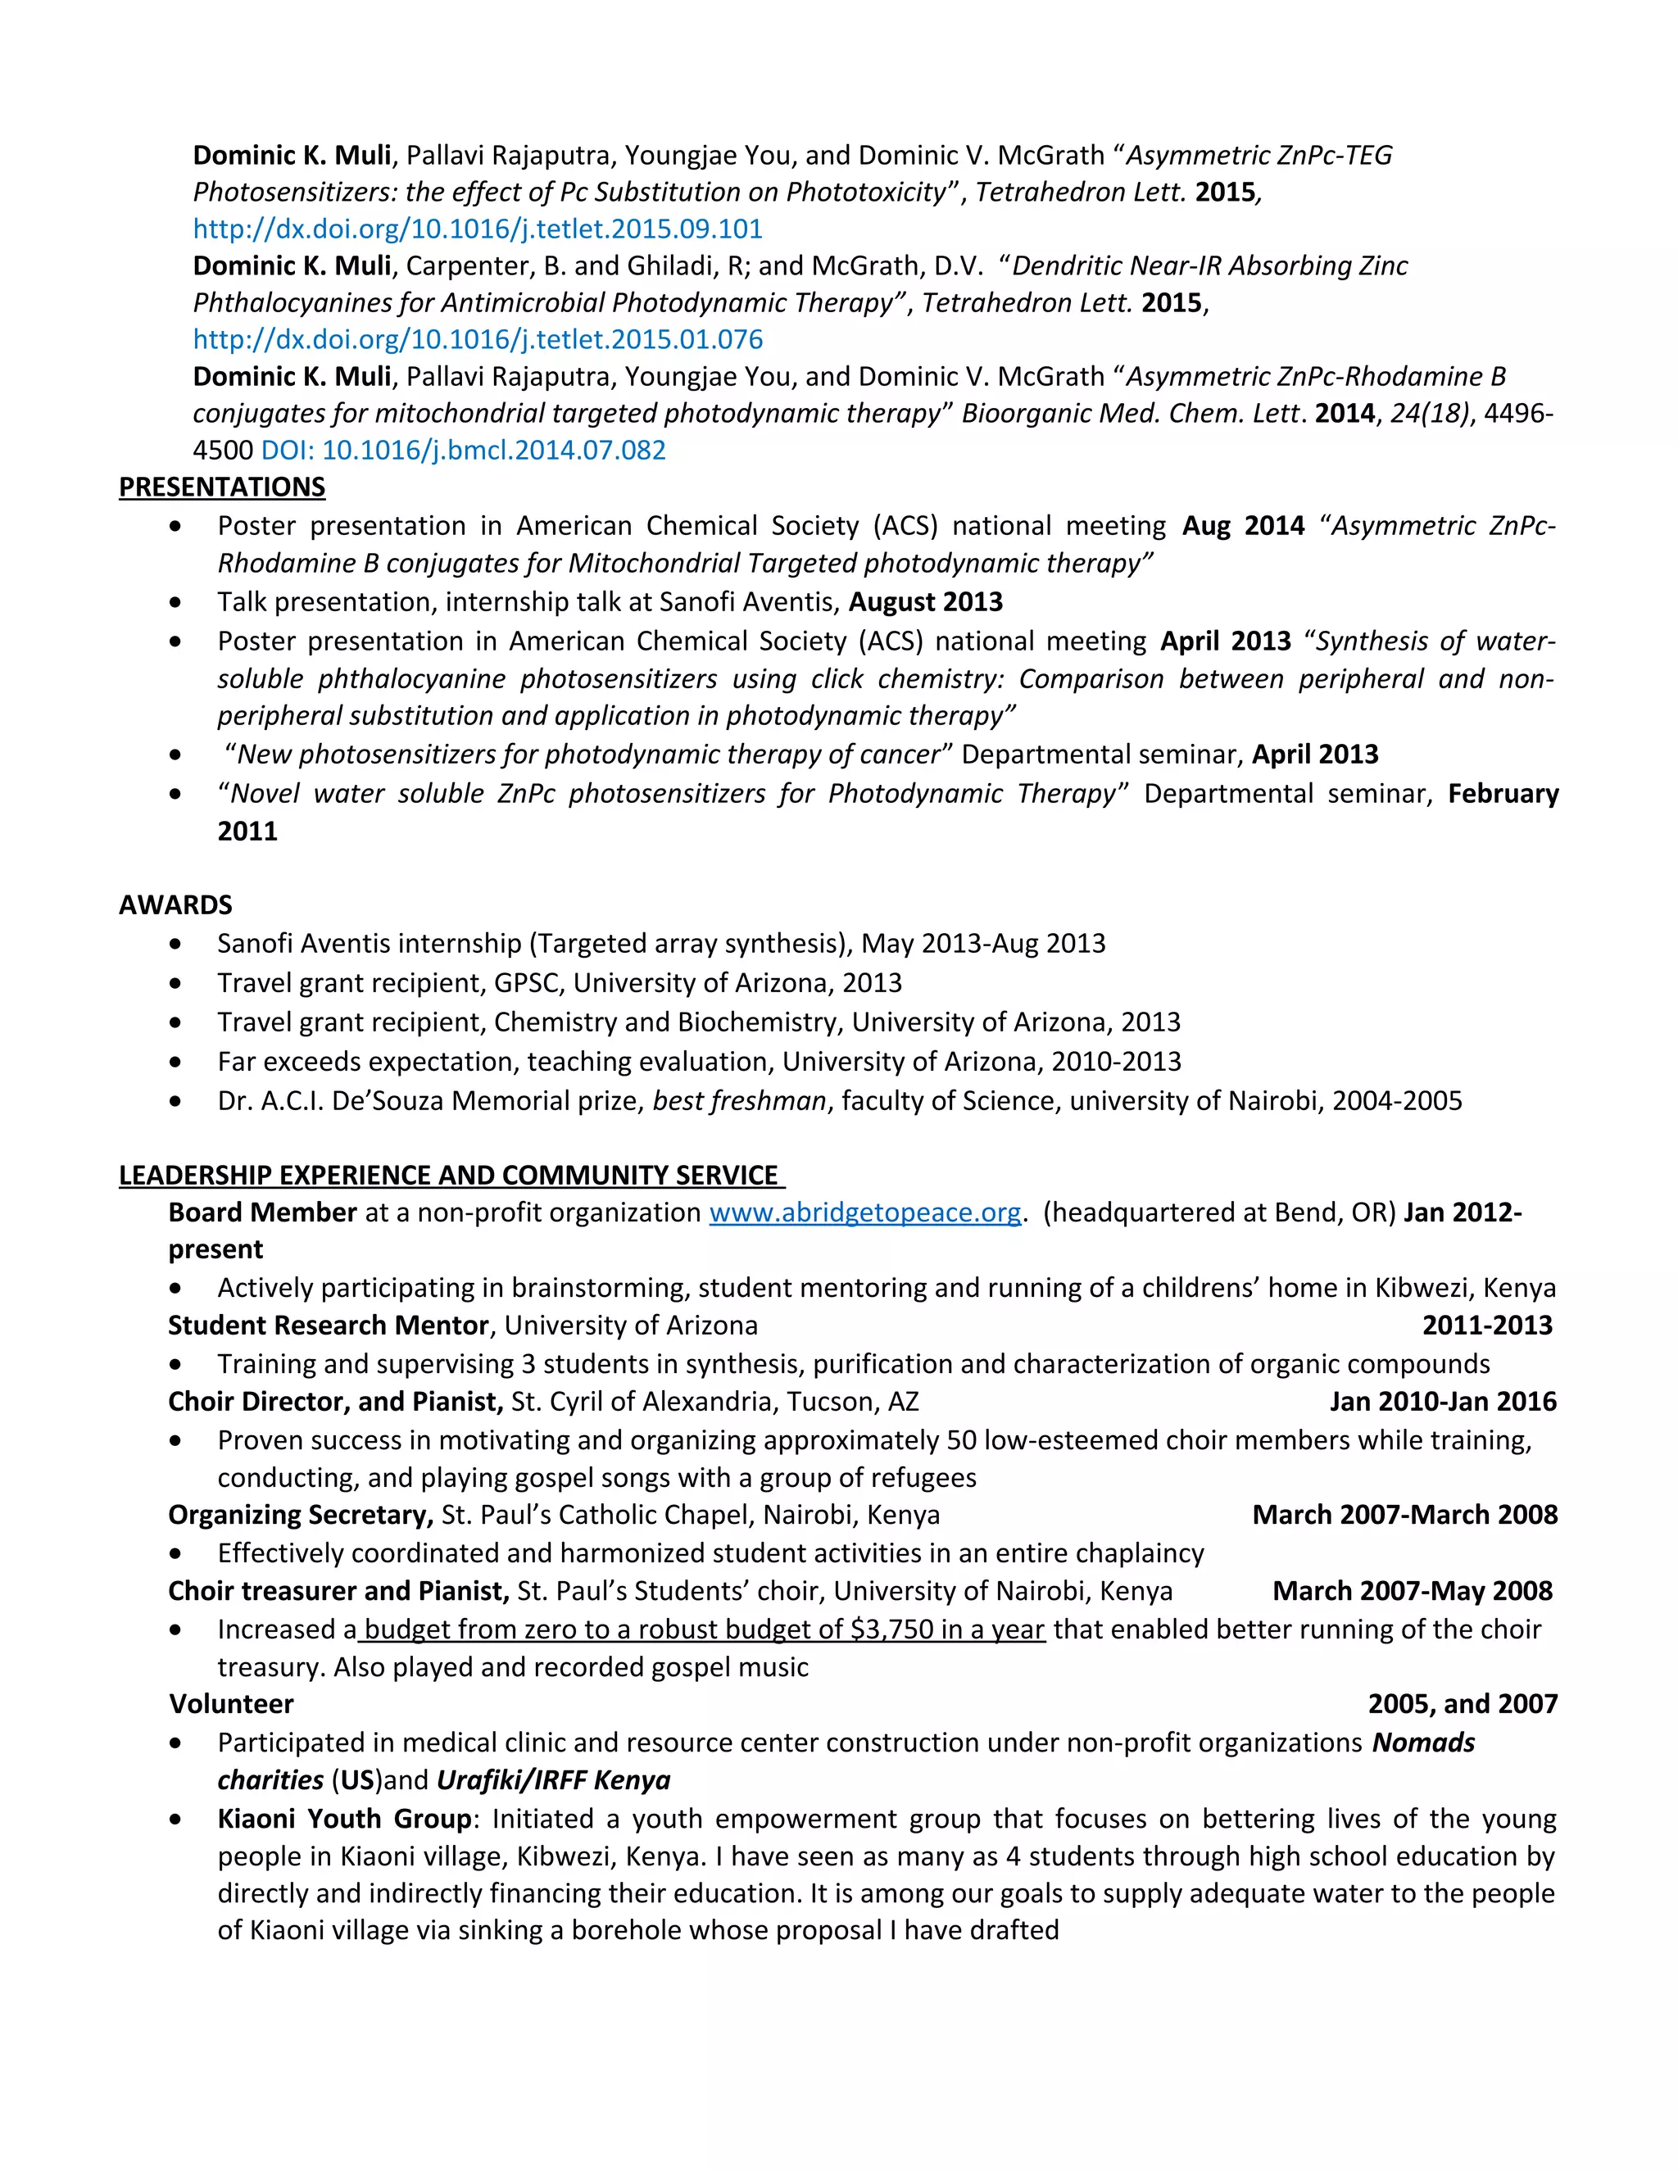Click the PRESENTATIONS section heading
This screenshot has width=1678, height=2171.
[x=222, y=487]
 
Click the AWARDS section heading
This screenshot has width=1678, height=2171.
[x=175, y=904]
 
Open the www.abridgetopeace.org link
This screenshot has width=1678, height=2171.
[x=865, y=1212]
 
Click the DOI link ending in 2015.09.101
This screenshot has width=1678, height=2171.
[x=477, y=229]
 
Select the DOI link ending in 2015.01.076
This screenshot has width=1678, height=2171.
[x=477, y=339]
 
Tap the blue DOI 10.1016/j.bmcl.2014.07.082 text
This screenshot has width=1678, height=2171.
[x=463, y=451]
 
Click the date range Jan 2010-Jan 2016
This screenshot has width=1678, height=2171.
[x=1442, y=1402]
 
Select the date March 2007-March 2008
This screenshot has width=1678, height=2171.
[x=1404, y=1515]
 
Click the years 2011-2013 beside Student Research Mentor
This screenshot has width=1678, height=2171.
[x=1486, y=1325]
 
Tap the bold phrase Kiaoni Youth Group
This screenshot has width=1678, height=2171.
[x=344, y=1819]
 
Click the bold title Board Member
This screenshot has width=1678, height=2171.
[x=262, y=1212]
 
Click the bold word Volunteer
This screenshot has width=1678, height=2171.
[x=232, y=1704]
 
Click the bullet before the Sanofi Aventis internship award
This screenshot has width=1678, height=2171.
[x=176, y=943]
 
